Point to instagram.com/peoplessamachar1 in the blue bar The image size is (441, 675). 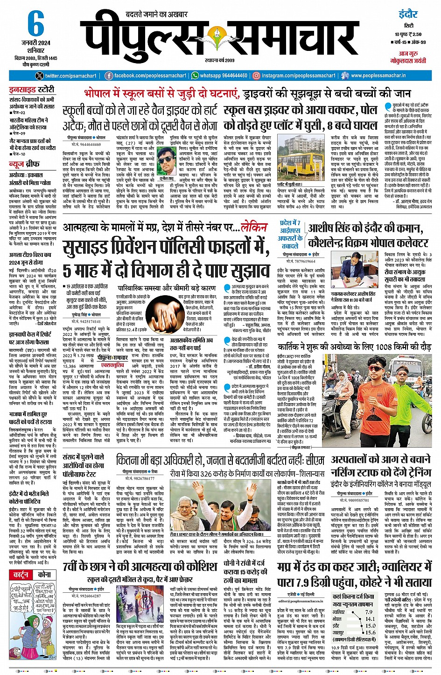pos(298,76)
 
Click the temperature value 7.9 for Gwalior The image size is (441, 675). pos(369,612)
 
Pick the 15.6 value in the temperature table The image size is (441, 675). pos(370,632)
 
